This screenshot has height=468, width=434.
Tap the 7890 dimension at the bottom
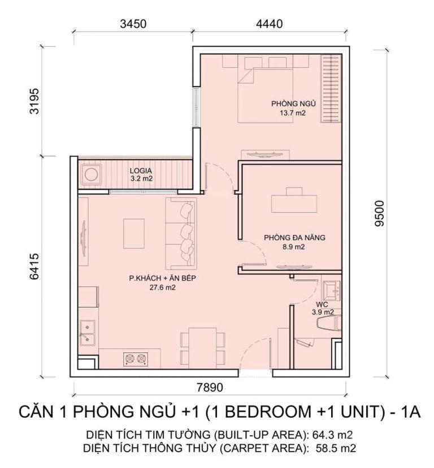click(x=210, y=388)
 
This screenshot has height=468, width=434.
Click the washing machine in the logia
click(x=90, y=174)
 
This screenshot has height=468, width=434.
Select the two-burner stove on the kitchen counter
click(x=136, y=358)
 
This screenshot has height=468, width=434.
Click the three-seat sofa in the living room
click(x=181, y=233)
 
